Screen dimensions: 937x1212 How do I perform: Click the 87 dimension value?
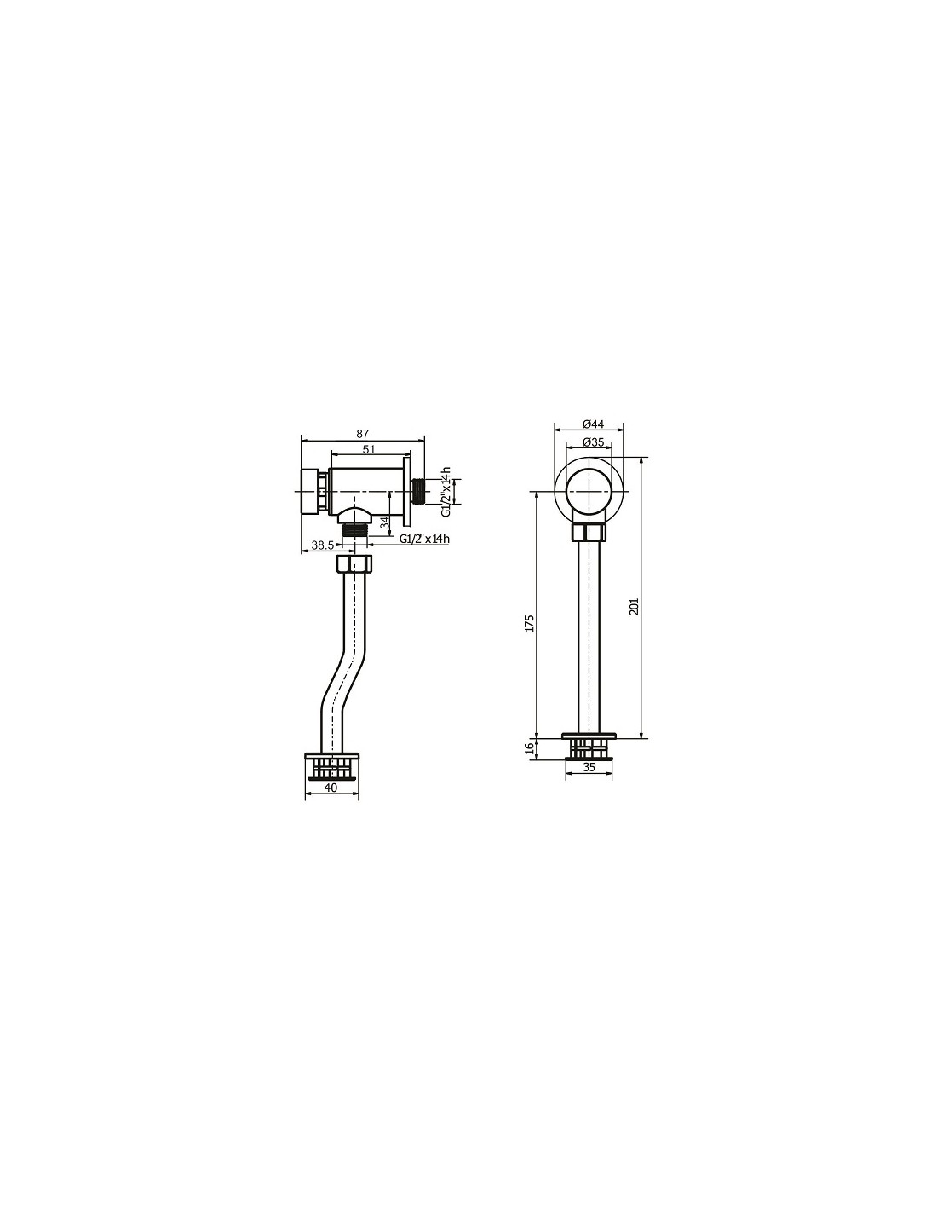[x=363, y=433]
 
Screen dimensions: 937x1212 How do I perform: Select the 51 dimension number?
[x=369, y=449]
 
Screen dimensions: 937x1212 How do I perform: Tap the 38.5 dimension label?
[x=322, y=545]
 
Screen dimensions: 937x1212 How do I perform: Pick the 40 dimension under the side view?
[x=331, y=788]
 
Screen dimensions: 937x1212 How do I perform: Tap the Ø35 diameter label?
[x=593, y=442]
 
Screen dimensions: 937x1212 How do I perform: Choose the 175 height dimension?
[x=530, y=623]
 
